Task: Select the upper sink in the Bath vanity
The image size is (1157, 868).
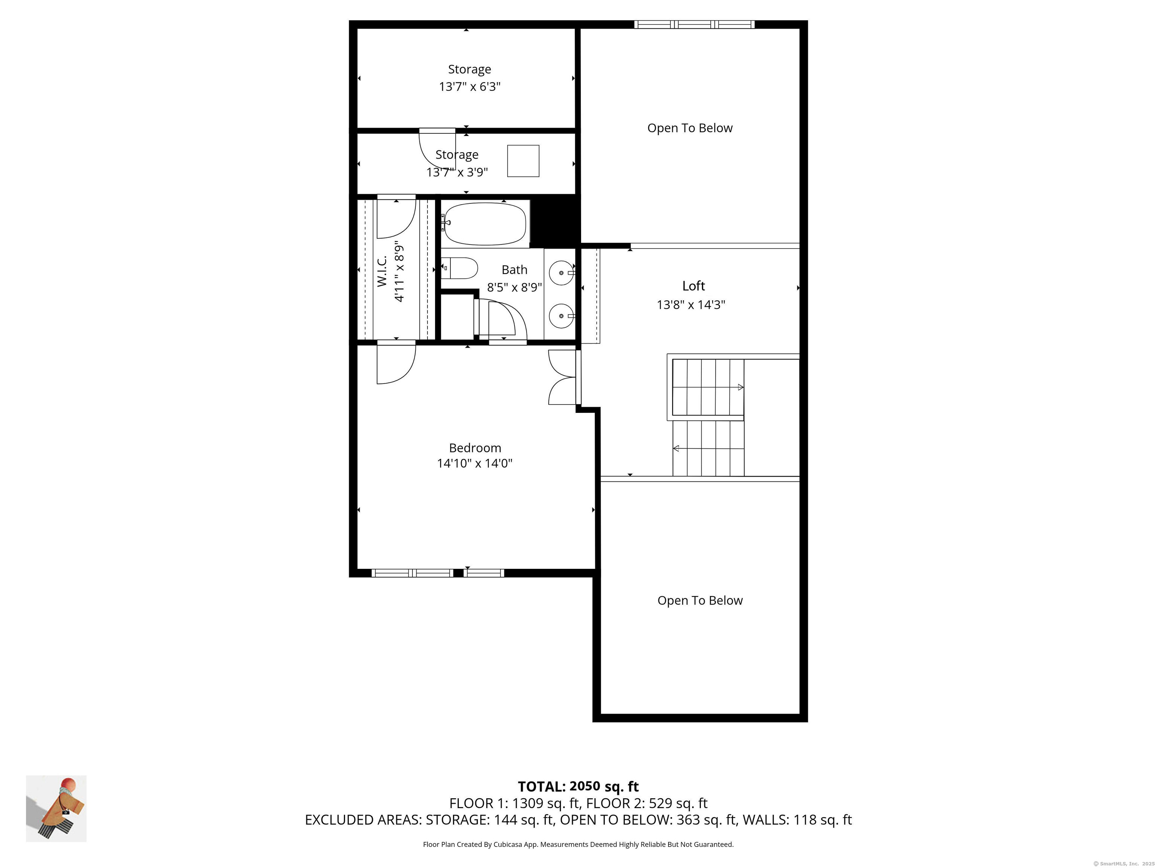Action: (561, 273)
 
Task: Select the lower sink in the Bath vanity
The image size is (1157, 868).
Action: (561, 316)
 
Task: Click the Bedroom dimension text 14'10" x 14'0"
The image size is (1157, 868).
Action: (475, 463)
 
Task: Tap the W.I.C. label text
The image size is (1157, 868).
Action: (382, 270)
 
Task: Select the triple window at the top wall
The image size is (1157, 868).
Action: (694, 24)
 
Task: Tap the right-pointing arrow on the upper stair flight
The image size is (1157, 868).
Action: (740, 387)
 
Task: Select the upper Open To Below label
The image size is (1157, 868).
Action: (689, 128)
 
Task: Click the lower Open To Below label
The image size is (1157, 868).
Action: (699, 601)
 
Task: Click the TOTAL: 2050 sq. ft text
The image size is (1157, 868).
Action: (578, 786)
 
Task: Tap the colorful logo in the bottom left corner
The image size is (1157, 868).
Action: (56, 809)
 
